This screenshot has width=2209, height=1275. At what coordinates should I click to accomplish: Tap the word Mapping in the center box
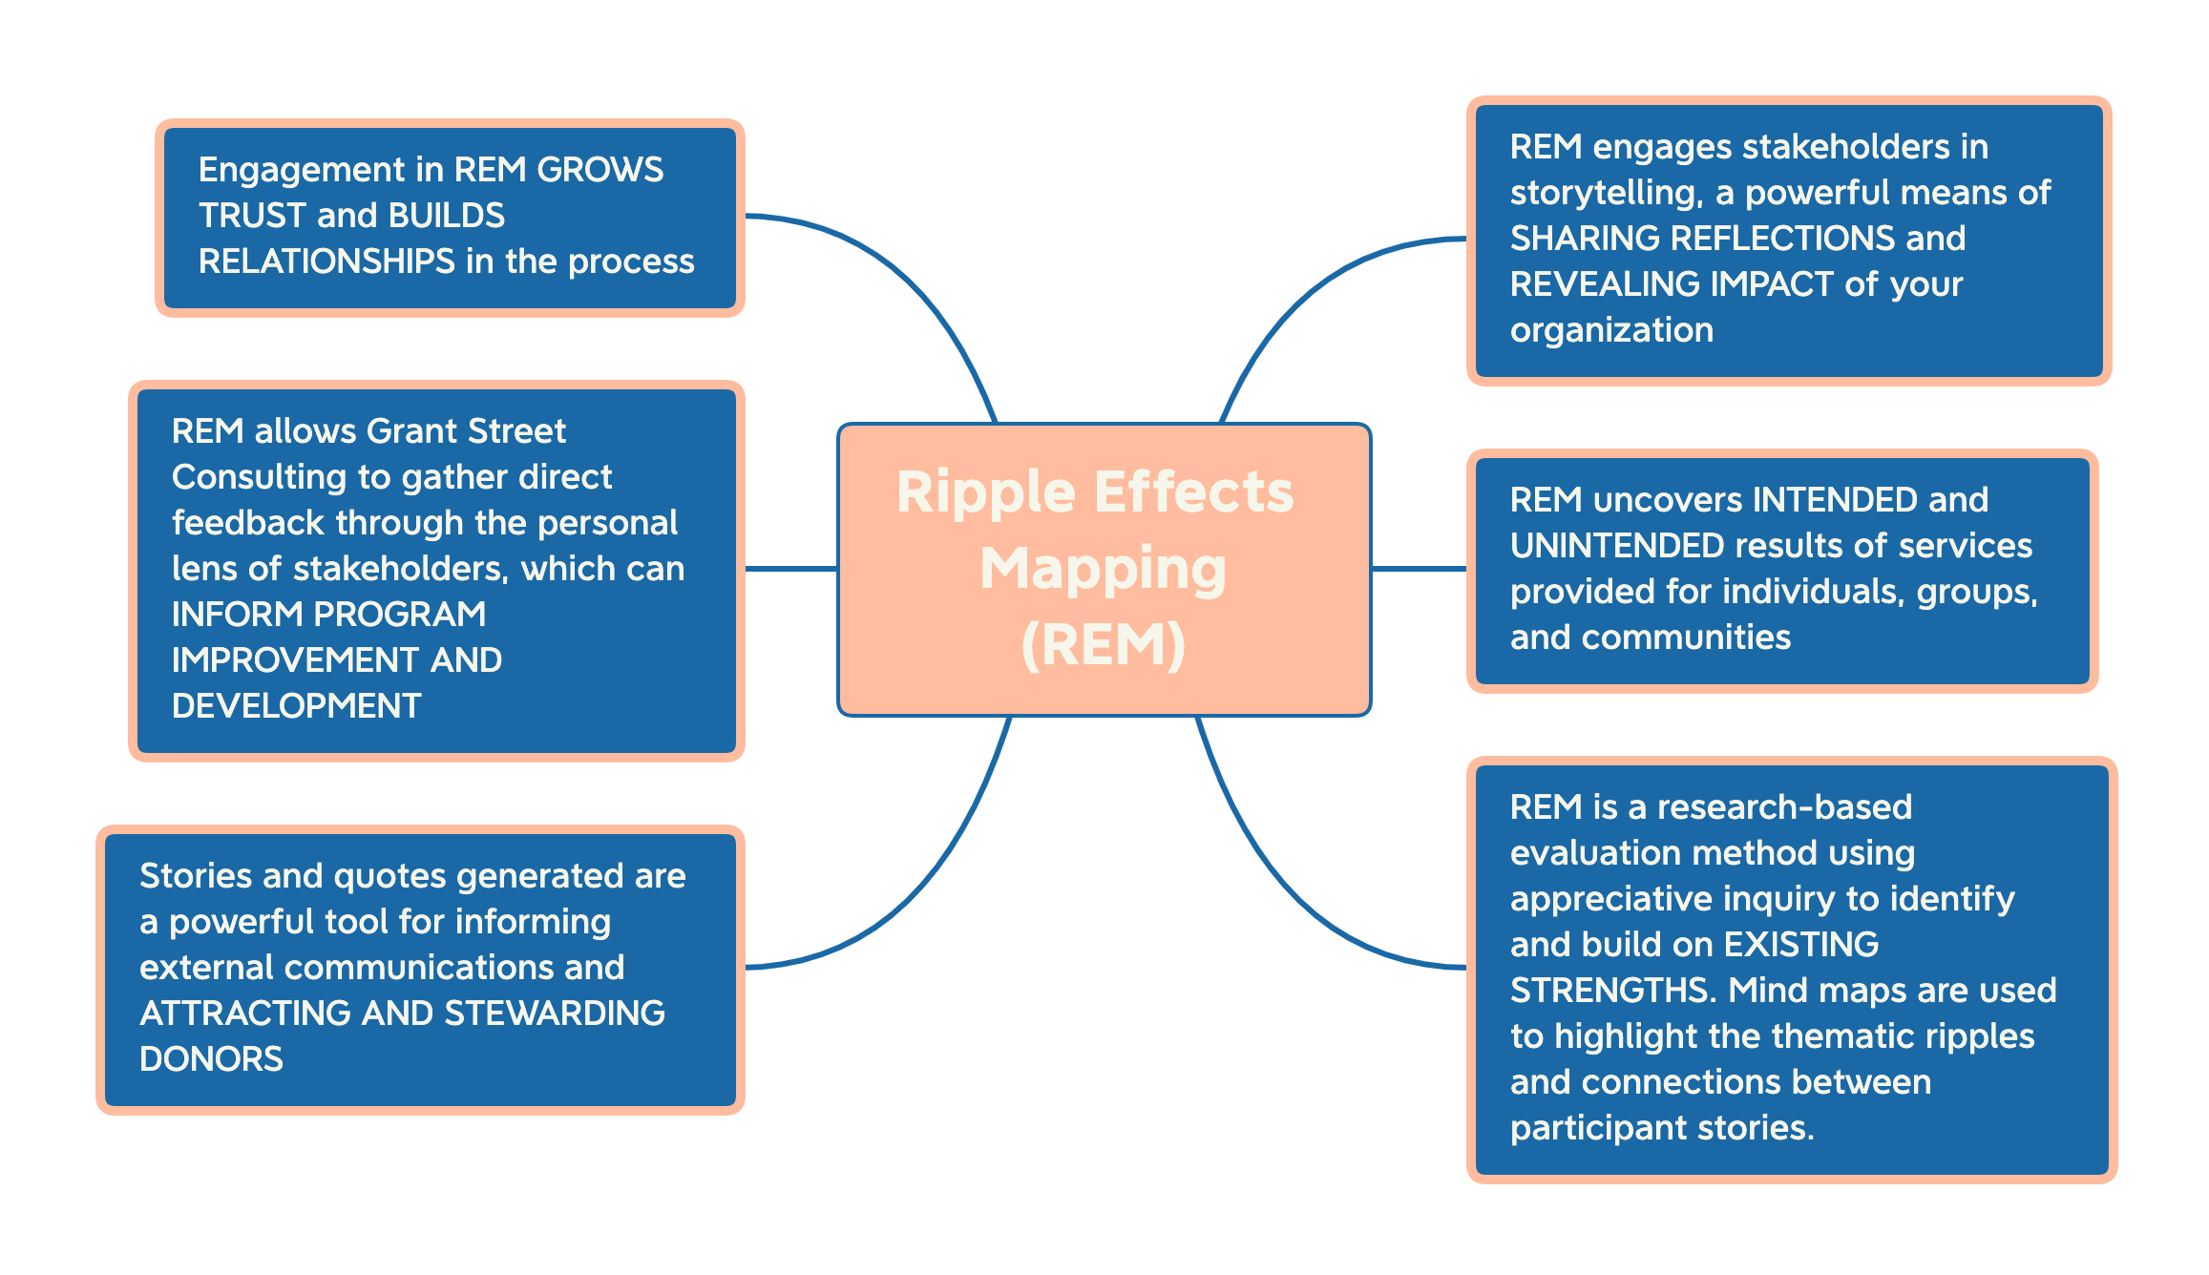tap(1103, 569)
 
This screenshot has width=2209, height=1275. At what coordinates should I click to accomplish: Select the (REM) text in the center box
tap(1103, 645)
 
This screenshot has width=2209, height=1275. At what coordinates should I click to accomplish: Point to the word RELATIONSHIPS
tap(326, 261)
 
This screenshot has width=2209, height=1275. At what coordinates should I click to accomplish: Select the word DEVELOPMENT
tap(296, 706)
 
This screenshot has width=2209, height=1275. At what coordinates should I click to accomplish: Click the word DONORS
tap(211, 1059)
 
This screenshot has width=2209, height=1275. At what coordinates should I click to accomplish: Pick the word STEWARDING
tap(555, 1014)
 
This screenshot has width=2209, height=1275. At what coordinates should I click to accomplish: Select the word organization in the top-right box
tap(1611, 330)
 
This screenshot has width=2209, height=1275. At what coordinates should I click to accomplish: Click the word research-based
tap(1784, 807)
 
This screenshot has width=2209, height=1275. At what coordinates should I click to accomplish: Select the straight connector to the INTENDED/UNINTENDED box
tap(1419, 569)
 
